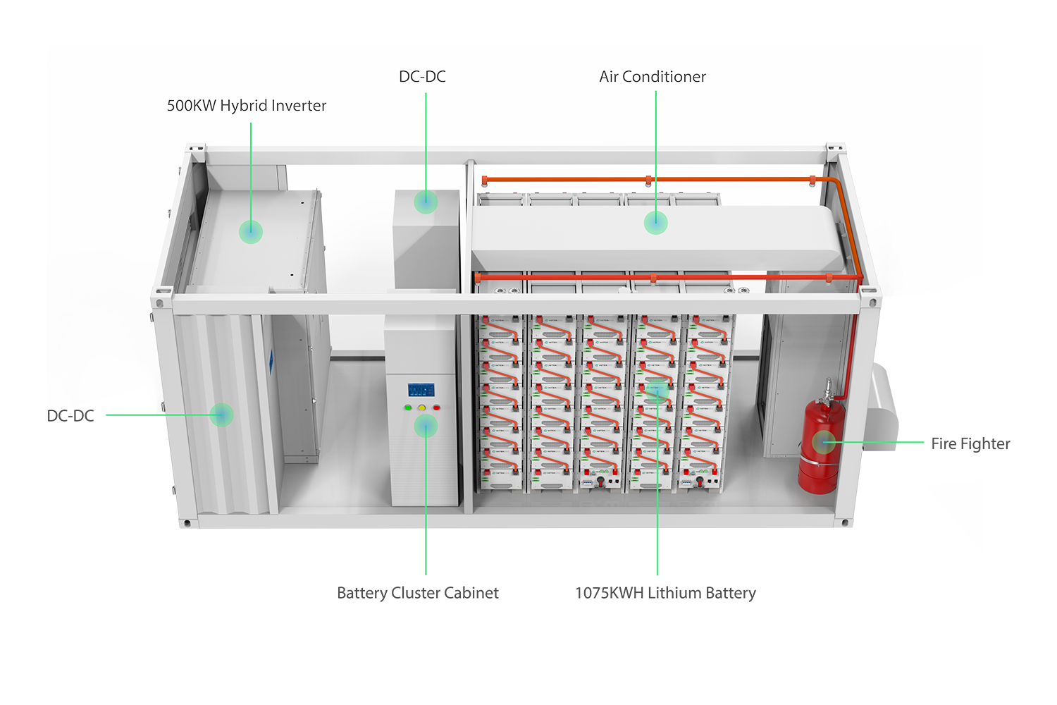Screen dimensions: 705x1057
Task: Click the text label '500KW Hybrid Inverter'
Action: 246,106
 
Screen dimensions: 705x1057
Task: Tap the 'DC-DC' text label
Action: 422,77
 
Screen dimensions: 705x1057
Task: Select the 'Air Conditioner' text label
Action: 652,77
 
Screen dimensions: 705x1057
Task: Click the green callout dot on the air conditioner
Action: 655,223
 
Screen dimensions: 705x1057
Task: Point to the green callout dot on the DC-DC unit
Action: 425,202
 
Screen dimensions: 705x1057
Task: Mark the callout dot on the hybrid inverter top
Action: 251,231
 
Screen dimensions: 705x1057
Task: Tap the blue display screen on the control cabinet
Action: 421,390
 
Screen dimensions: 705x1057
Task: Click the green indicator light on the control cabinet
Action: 407,407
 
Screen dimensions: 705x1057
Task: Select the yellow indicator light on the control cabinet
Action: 421,407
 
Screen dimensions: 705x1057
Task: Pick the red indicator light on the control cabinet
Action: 436,407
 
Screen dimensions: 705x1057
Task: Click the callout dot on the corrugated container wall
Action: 221,415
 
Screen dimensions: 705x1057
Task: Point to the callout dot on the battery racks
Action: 657,390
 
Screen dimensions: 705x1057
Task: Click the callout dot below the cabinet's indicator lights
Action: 426,426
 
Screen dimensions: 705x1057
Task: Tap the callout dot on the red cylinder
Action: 823,443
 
